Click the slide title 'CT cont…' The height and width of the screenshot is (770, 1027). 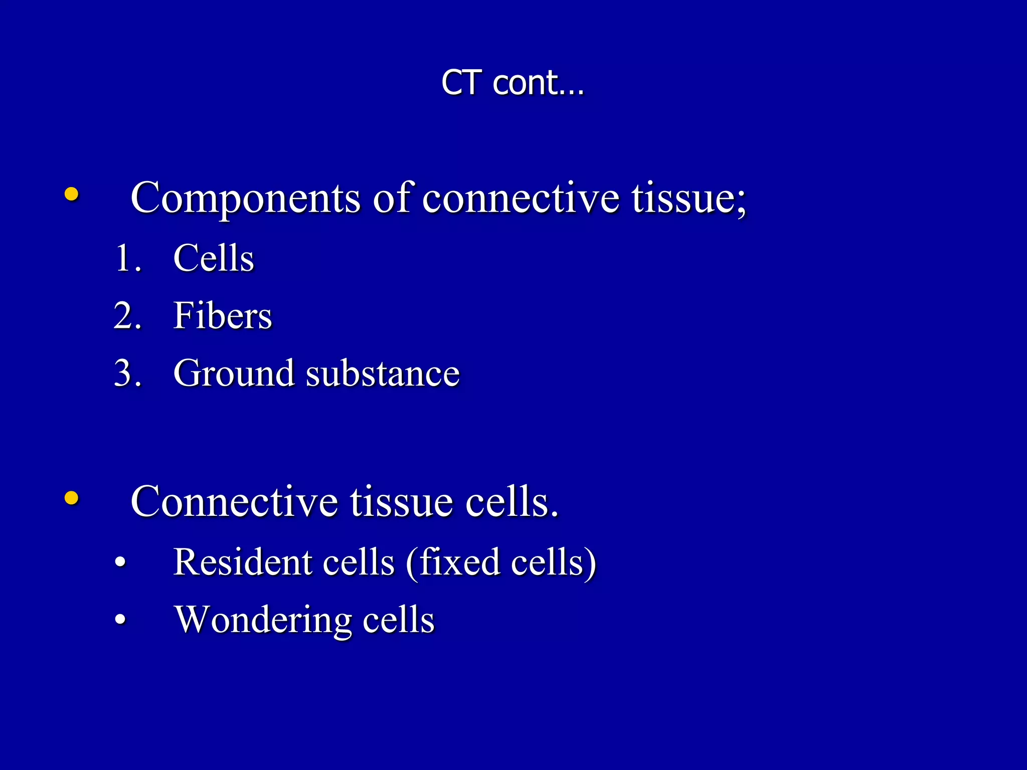[x=512, y=82]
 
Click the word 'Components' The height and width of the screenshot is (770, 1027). [x=245, y=198]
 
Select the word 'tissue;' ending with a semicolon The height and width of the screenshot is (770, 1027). [x=689, y=198]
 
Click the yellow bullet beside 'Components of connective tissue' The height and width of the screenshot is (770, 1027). [x=72, y=194]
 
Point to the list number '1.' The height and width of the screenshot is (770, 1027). [x=128, y=258]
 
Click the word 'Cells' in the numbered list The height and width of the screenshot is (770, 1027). [x=214, y=258]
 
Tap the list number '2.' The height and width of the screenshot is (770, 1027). [x=128, y=316]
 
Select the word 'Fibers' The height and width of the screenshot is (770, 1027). [x=223, y=316]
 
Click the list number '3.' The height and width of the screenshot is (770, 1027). [x=128, y=373]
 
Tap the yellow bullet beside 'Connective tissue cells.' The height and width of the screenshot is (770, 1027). [x=72, y=498]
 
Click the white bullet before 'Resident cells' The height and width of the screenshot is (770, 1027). [x=120, y=562]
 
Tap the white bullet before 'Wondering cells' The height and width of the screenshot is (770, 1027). [x=120, y=620]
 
